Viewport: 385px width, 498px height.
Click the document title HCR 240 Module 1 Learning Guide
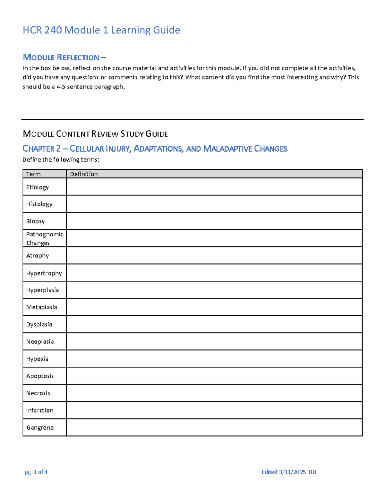(x=101, y=30)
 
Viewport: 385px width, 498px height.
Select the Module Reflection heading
(x=64, y=57)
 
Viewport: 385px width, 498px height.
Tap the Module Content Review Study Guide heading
(x=95, y=134)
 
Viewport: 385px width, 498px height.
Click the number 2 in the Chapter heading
(x=58, y=149)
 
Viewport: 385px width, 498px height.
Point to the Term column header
(x=33, y=174)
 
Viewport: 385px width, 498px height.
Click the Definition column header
(x=84, y=174)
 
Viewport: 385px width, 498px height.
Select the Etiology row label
(x=38, y=187)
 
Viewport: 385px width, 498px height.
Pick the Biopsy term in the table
(x=35, y=221)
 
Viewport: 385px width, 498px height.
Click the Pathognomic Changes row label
(x=44, y=239)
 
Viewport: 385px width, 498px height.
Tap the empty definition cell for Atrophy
(x=214, y=256)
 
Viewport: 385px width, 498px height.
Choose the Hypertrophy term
(x=44, y=273)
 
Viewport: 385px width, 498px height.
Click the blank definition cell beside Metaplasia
(x=214, y=307)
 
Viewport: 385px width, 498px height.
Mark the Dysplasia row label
(x=39, y=325)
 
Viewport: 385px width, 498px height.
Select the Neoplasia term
(x=40, y=342)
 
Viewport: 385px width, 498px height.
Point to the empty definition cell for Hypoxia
(x=214, y=359)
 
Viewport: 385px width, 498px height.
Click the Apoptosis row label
(x=40, y=376)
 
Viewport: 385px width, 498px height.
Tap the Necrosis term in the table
(x=38, y=393)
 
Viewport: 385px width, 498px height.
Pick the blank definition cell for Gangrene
(x=214, y=427)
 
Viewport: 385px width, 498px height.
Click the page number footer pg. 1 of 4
(x=36, y=472)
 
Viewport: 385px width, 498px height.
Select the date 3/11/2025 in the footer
(x=292, y=472)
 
